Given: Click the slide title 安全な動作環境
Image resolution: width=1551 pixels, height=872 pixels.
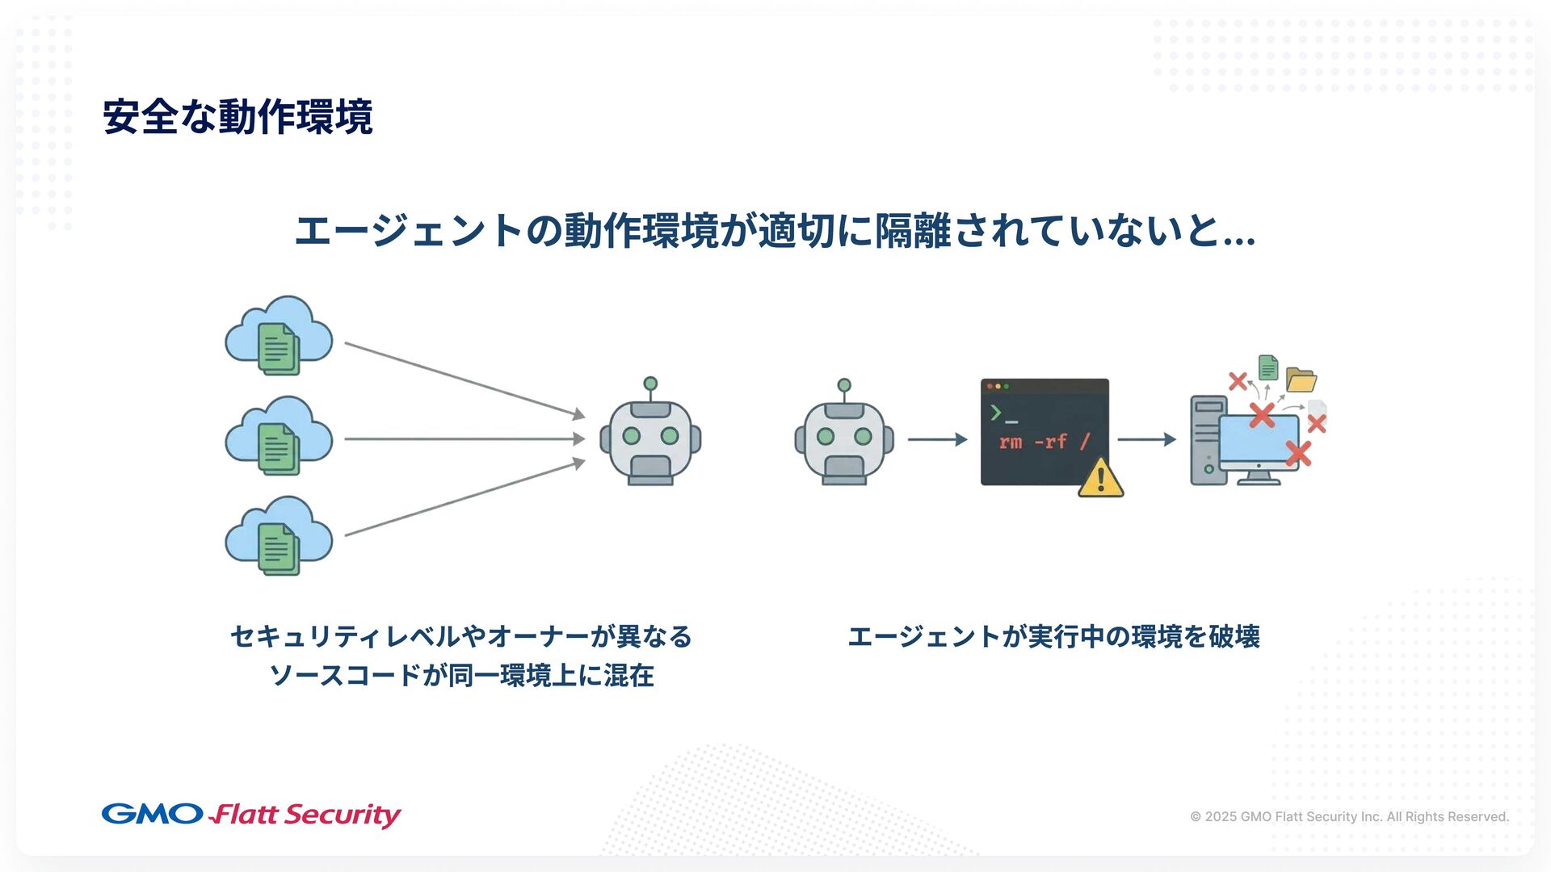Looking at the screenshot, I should click(237, 117).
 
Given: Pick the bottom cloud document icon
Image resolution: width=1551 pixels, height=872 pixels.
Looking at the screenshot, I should click(279, 537).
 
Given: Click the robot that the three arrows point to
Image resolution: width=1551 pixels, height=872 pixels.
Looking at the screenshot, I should click(650, 440).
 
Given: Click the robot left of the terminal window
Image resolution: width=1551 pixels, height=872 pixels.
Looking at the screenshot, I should click(844, 440).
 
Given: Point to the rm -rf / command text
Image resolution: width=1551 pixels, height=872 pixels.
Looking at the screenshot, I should click(1045, 442).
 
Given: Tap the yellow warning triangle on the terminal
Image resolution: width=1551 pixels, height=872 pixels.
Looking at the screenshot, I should click(1100, 478).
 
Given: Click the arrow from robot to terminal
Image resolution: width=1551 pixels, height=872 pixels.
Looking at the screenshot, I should click(937, 439).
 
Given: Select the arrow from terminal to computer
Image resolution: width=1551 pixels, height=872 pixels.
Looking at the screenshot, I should click(1146, 439).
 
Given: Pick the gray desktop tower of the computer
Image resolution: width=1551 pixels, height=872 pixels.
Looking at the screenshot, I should click(1208, 440).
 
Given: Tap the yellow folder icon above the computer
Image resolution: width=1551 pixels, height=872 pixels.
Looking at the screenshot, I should click(1301, 379).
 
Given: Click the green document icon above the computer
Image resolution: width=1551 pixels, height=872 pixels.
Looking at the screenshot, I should click(1268, 368).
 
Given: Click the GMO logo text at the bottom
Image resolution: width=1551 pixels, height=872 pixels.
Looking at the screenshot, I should click(152, 814).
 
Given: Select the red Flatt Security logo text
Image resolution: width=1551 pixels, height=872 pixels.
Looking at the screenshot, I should click(305, 815).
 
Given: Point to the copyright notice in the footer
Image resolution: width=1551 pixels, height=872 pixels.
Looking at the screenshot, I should click(1349, 816).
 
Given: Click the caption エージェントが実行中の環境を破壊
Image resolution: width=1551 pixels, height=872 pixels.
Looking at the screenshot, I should click(1053, 637).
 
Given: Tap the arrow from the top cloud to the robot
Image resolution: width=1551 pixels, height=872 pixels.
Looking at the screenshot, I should click(464, 380).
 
